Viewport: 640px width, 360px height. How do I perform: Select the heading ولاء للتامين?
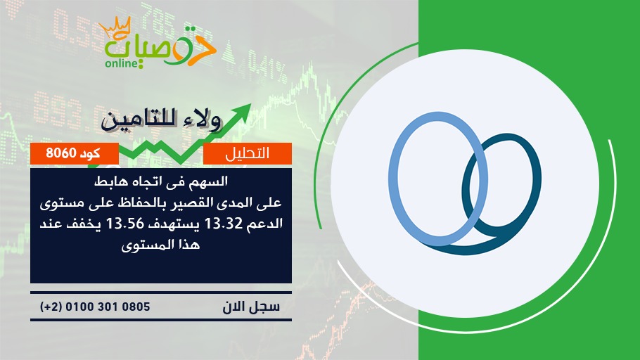point(161,120)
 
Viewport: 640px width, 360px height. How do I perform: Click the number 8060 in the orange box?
point(61,153)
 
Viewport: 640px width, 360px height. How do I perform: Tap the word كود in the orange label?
point(90,153)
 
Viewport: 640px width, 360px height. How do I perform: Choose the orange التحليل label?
point(248,153)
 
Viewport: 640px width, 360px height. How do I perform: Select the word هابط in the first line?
point(105,181)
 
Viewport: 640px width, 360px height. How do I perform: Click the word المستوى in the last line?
point(145,245)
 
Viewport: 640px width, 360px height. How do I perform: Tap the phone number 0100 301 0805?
point(108,307)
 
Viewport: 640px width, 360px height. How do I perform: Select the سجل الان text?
point(251,307)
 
